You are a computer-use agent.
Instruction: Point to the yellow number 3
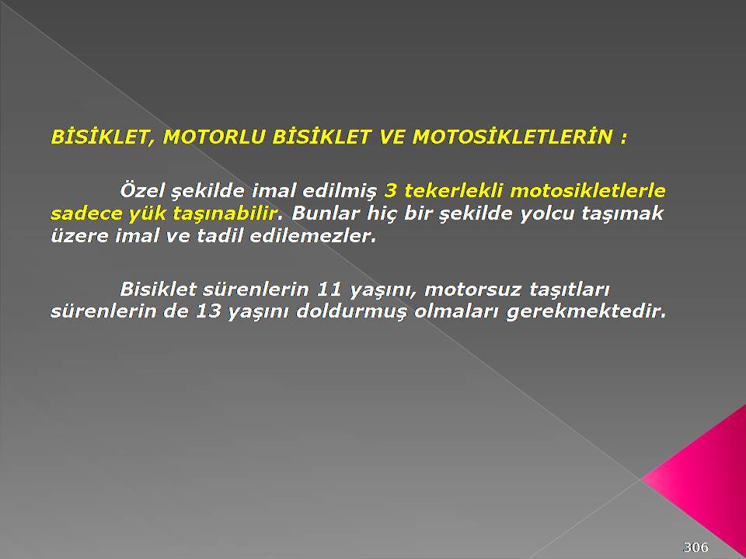(x=390, y=191)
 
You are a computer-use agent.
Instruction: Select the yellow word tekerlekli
(x=453, y=191)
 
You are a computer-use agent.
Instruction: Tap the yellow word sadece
(x=85, y=213)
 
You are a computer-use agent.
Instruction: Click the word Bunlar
(x=325, y=213)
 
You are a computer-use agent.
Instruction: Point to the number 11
(x=329, y=289)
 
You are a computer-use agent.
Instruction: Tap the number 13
(x=208, y=311)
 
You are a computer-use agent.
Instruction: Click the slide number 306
(x=695, y=547)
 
